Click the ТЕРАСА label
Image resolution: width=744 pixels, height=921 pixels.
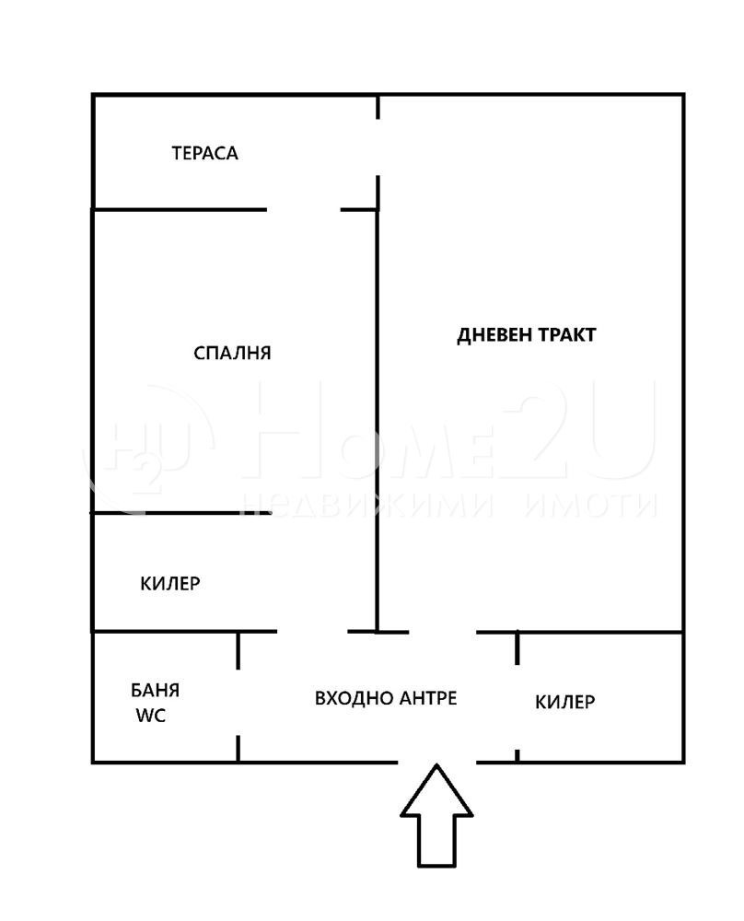pyautogui.click(x=204, y=153)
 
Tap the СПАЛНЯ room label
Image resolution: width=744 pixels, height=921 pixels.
pyautogui.click(x=232, y=353)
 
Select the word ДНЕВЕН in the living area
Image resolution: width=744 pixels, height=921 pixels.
pyautogui.click(x=494, y=334)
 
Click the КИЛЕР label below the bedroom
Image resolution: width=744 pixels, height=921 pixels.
pyautogui.click(x=170, y=583)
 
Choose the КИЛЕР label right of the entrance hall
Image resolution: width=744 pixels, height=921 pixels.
pyautogui.click(x=564, y=702)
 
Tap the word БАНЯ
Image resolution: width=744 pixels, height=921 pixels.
pyautogui.click(x=155, y=690)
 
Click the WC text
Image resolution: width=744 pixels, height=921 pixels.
pyautogui.click(x=151, y=716)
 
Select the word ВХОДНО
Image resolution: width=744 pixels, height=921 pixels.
pyautogui.click(x=352, y=698)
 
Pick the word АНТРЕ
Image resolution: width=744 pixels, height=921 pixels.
pyautogui.click(x=428, y=698)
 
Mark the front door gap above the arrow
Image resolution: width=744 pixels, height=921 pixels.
pyautogui.click(x=436, y=762)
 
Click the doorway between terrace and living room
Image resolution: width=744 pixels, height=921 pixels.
pyautogui.click(x=378, y=147)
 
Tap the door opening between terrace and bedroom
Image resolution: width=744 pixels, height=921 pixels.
pyautogui.click(x=304, y=209)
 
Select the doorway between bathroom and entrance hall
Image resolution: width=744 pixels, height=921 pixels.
pyautogui.click(x=238, y=702)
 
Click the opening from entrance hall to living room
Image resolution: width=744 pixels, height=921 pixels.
pyautogui.click(x=442, y=632)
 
